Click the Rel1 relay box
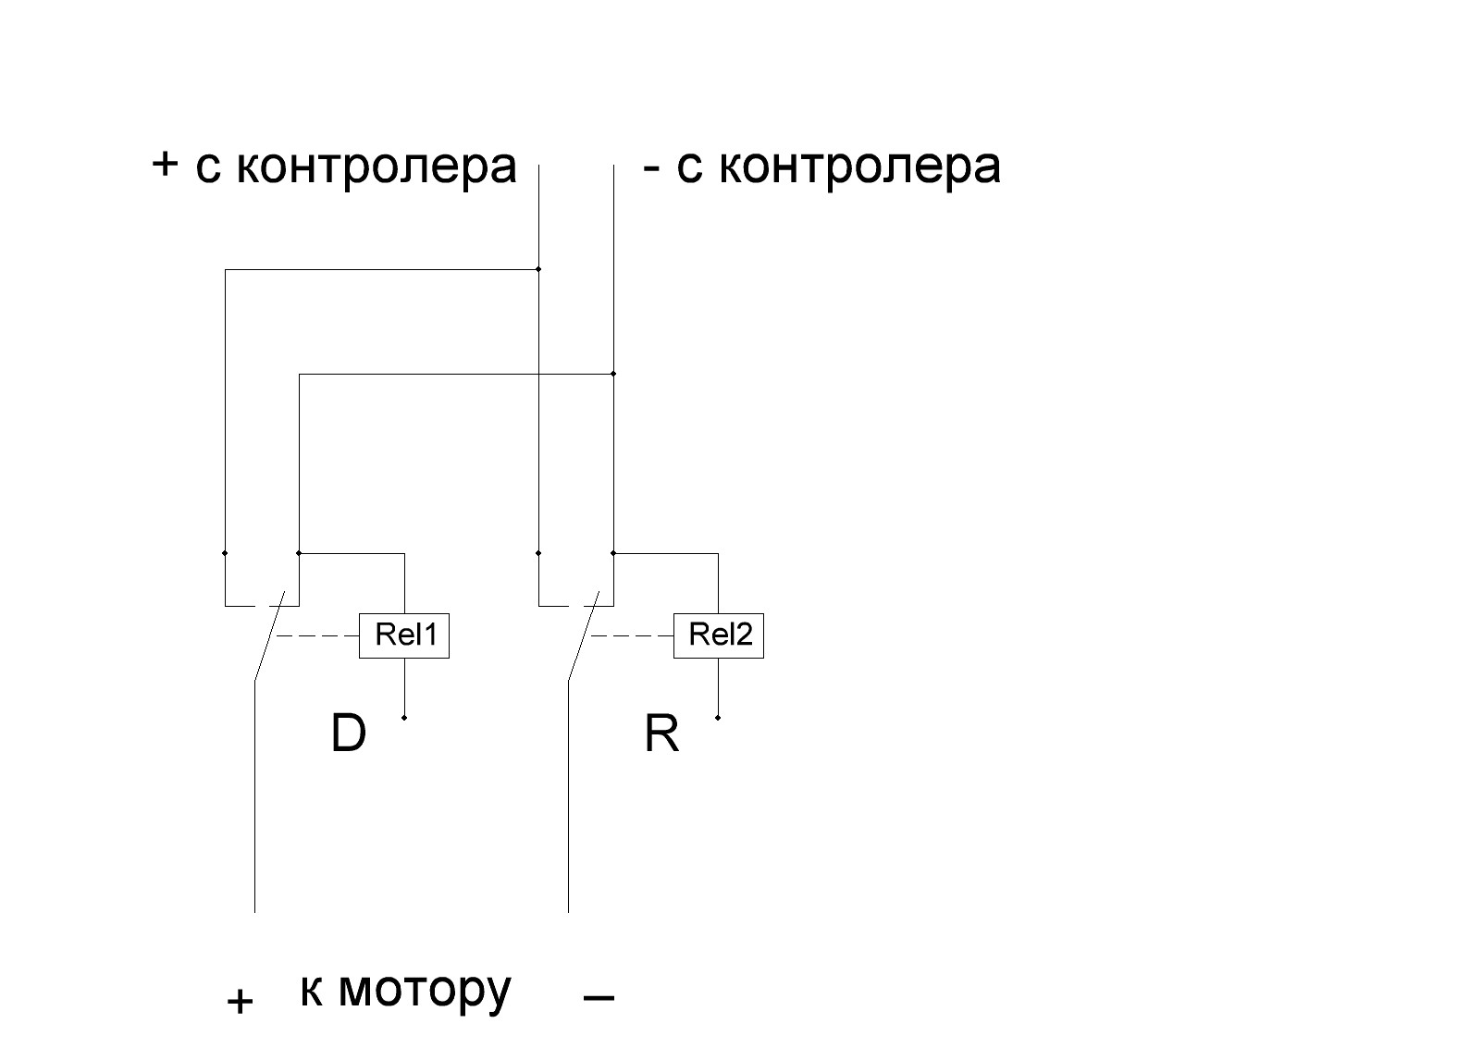tap(404, 635)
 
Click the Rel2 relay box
tap(719, 635)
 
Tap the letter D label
tap(349, 734)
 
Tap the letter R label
tap(661, 734)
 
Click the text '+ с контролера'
tap(334, 166)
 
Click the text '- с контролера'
tap(822, 166)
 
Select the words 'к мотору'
tap(405, 990)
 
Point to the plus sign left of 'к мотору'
tap(240, 1001)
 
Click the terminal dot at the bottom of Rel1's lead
tap(404, 718)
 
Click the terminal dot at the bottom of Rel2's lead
tap(718, 718)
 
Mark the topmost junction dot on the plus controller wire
tap(538, 269)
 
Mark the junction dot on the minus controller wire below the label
tap(612, 374)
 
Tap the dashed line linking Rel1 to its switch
tap(316, 635)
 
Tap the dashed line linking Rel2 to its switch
tap(631, 635)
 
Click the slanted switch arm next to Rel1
tap(268, 638)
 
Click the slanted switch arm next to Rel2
tap(583, 638)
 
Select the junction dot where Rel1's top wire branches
tap(299, 553)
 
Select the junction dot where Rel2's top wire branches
tap(612, 553)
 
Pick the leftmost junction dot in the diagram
tap(225, 553)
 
